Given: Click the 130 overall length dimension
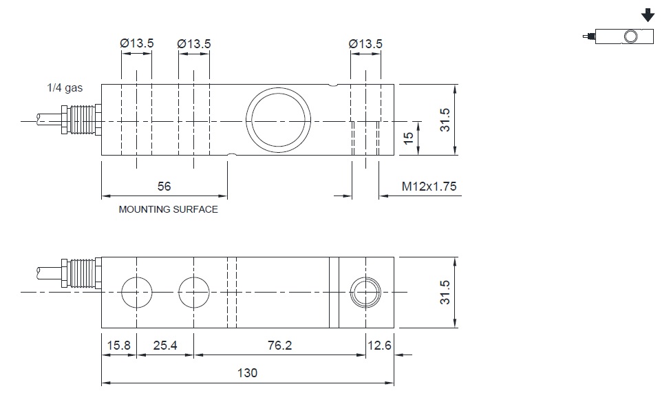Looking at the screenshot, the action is (x=247, y=373).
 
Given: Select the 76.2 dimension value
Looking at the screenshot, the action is (x=279, y=346).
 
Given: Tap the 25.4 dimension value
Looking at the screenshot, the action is (x=164, y=346).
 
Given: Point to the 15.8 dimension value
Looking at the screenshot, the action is (x=118, y=346).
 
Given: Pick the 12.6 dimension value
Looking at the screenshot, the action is (x=380, y=346).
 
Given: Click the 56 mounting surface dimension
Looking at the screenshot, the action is (x=164, y=187).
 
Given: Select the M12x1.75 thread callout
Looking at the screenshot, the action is (x=429, y=187).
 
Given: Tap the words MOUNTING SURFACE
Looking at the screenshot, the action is (x=168, y=209).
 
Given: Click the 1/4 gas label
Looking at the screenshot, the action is (x=65, y=87).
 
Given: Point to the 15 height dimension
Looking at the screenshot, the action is (x=409, y=138).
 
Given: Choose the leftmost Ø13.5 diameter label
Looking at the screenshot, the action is (x=136, y=43).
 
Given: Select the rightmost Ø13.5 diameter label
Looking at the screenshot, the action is (x=365, y=43).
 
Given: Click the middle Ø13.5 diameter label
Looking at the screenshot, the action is (x=194, y=43).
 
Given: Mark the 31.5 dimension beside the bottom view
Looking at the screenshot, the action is (x=445, y=293).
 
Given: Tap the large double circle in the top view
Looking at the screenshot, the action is (x=278, y=88).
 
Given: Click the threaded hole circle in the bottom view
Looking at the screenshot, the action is (x=365, y=277).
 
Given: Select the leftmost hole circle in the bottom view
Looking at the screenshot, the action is (x=136, y=277).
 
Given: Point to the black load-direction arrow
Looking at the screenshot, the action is (x=648, y=15).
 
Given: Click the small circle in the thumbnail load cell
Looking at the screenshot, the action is (x=630, y=30).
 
